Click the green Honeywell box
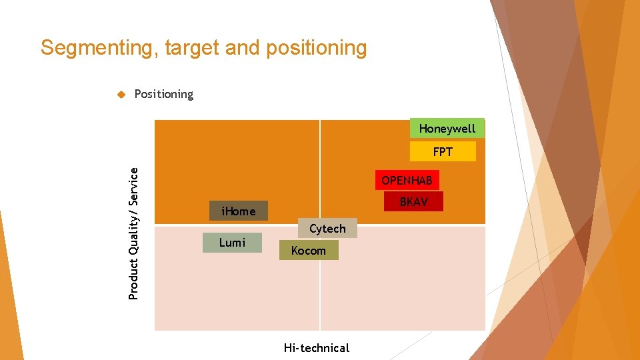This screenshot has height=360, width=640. pos(447,128)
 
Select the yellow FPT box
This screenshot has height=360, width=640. pos(443,152)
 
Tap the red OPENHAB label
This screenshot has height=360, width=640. pos(407,181)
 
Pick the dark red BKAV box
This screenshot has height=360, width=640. pos(413,201)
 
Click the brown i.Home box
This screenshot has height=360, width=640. pos(238,211)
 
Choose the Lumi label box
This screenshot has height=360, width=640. pos(232,243)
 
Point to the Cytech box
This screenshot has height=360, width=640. pos(327,229)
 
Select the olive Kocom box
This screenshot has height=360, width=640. pos(308,251)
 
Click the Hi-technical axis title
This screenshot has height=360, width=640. pos(316,347)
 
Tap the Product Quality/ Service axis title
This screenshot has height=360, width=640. pos(133,233)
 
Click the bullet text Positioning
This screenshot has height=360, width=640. pos(163,94)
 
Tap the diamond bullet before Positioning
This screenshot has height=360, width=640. pos(121,95)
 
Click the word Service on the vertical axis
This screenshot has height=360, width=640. pos(133,186)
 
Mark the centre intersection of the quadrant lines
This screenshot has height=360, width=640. pos(320,225)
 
